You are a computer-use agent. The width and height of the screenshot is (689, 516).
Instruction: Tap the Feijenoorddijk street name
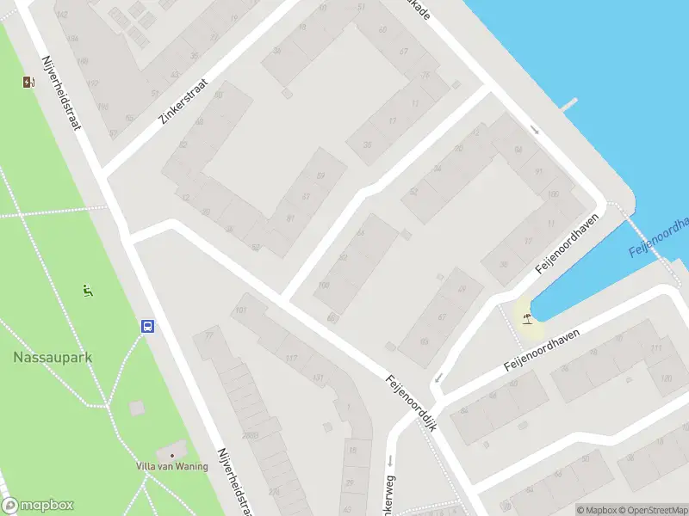[x=413, y=402]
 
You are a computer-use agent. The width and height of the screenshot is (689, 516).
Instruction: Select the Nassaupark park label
[x=53, y=356]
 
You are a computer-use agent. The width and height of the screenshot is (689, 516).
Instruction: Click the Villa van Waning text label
[x=172, y=466]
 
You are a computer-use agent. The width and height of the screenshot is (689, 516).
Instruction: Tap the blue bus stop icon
[x=148, y=326]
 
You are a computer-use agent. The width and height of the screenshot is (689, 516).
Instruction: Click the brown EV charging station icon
[x=29, y=83]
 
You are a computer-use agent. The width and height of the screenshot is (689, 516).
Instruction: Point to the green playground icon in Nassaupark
[x=86, y=291]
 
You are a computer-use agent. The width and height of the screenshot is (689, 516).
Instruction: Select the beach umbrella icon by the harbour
[x=526, y=320]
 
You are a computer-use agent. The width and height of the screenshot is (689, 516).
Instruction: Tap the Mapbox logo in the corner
[x=38, y=506]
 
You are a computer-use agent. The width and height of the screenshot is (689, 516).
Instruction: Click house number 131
[x=319, y=378]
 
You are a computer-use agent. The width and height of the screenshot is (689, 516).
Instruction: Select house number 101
[x=241, y=310]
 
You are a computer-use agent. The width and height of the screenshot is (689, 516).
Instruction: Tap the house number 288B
[x=250, y=436]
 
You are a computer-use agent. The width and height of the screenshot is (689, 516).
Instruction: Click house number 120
[x=665, y=378]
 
